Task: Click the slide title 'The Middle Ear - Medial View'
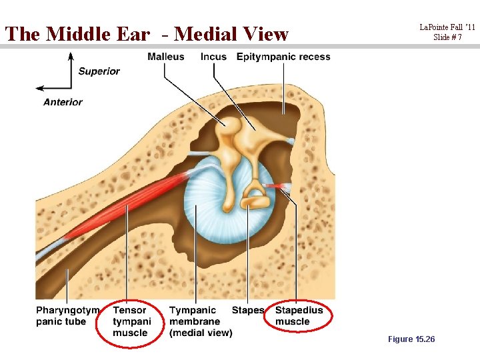(x=147, y=33)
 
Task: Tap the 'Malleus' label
(x=166, y=57)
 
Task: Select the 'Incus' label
(x=213, y=57)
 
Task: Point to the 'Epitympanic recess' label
(x=283, y=57)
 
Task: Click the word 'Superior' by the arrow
(x=99, y=71)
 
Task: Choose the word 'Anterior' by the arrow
(x=63, y=102)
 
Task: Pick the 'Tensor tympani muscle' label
(x=131, y=321)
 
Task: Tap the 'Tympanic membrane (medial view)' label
(x=200, y=321)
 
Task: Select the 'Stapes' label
(x=248, y=310)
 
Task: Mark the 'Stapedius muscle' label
(x=299, y=316)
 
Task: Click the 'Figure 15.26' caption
(x=411, y=339)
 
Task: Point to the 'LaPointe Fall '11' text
(x=447, y=27)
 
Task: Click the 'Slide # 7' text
(x=447, y=37)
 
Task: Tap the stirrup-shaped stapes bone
(x=254, y=197)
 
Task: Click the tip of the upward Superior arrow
(x=71, y=53)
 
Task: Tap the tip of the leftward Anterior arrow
(x=37, y=88)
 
